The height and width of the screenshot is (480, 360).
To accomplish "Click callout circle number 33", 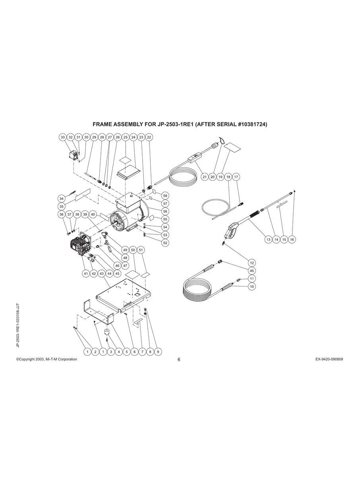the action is pyautogui.click(x=63, y=137).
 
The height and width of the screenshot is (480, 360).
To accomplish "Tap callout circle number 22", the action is pyautogui.click(x=149, y=137).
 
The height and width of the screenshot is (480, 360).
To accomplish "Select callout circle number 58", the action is pyautogui.click(x=165, y=196).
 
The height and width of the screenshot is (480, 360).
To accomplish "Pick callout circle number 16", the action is pyautogui.click(x=292, y=240).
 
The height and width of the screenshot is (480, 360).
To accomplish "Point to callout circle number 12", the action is pyautogui.click(x=252, y=263).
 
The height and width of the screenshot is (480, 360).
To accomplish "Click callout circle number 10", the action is pyautogui.click(x=252, y=286).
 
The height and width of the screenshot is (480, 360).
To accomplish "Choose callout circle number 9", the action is pyautogui.click(x=158, y=352).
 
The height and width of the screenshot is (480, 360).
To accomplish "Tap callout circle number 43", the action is pyautogui.click(x=102, y=273).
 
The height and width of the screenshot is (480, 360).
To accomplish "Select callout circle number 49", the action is pyautogui.click(x=125, y=250).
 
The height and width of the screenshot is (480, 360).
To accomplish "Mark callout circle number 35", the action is pyautogui.click(x=62, y=206).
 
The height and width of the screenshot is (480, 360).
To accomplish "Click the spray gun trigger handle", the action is pyautogui.click(x=232, y=230).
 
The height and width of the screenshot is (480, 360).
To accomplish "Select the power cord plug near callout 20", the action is pyautogui.click(x=215, y=145).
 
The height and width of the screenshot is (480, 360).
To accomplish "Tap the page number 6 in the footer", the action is pyautogui.click(x=179, y=360).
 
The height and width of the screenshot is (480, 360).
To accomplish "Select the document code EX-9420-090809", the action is pyautogui.click(x=329, y=359).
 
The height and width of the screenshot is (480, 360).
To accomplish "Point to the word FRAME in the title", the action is pyautogui.click(x=102, y=124).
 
